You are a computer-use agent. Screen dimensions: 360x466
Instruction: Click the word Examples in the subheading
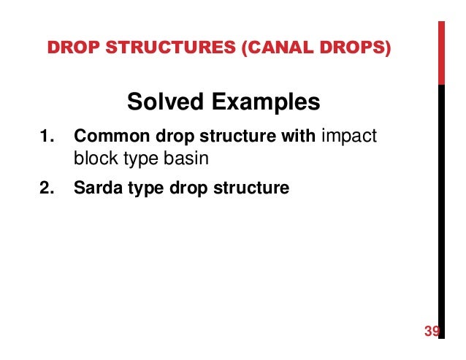(262, 102)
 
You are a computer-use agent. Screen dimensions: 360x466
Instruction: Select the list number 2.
(47, 188)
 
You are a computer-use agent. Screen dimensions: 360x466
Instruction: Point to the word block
(92, 157)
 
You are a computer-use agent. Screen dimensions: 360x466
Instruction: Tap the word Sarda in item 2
(96, 188)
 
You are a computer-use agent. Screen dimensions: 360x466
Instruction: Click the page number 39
(432, 332)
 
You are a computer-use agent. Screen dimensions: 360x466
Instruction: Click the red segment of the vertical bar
(441, 51)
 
